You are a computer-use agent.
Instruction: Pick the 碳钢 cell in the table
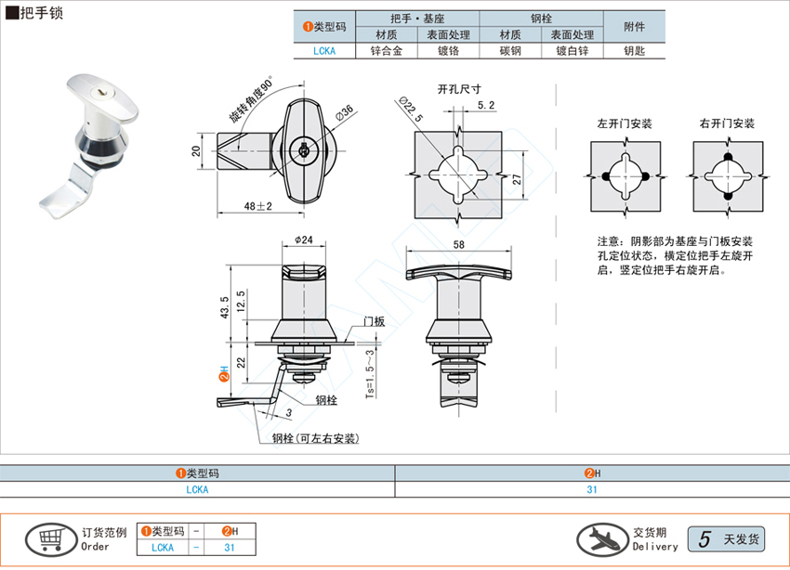click(x=510, y=52)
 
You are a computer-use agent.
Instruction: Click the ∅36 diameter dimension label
click(x=342, y=113)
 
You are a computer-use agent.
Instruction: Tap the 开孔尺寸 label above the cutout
click(x=459, y=89)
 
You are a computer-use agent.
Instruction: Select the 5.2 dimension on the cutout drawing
click(x=485, y=106)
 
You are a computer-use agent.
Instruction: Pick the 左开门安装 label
click(x=625, y=123)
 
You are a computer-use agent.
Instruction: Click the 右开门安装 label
click(x=727, y=123)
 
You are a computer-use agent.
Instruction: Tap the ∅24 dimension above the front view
click(x=302, y=240)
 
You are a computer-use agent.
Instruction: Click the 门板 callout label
click(x=375, y=321)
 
